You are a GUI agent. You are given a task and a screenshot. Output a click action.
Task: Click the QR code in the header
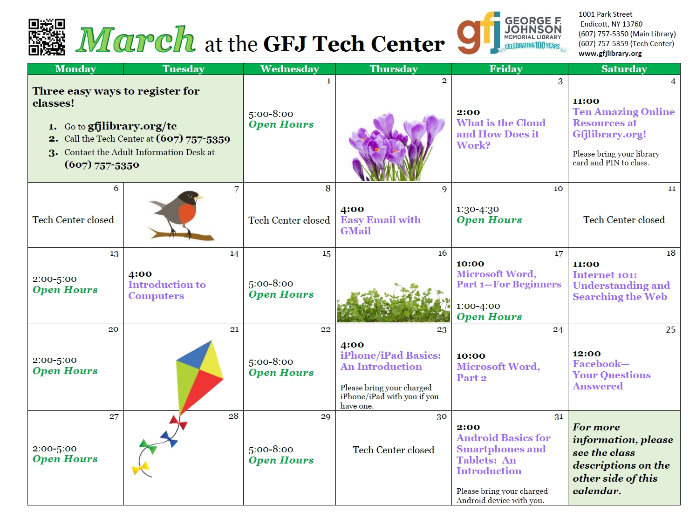47,37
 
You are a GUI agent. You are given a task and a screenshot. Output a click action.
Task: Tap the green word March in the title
136,40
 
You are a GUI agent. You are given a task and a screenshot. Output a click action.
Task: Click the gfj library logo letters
478,33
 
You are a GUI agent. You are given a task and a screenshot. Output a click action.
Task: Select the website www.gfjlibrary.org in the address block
610,53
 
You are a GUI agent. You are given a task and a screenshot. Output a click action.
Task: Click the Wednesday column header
289,69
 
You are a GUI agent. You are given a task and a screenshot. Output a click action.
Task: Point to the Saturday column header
624,69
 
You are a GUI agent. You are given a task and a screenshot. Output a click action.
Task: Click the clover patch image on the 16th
394,303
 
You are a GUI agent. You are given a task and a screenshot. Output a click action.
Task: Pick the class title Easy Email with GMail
381,225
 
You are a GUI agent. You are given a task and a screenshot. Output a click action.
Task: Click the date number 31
559,416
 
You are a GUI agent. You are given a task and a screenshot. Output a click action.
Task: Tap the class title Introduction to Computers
167,290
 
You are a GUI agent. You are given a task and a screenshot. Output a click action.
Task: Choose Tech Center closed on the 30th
394,450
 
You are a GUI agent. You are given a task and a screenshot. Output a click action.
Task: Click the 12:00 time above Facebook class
586,354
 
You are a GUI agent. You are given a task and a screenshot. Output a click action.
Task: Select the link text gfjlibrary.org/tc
132,126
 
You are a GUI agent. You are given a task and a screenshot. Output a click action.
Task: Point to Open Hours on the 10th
489,220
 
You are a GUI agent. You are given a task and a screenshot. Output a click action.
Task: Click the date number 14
234,253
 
